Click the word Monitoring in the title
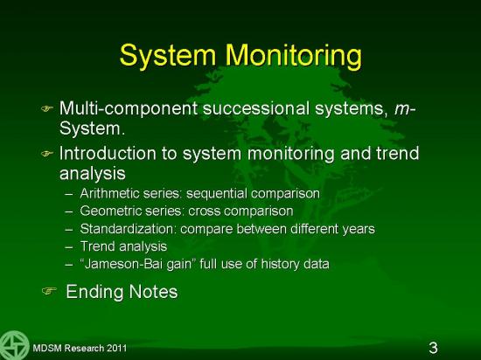(x=294, y=55)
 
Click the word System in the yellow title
(x=168, y=55)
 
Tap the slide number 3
(x=433, y=348)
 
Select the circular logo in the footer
(x=13, y=346)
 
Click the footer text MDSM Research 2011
(x=80, y=348)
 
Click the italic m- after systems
(x=405, y=109)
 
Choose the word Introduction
(x=108, y=153)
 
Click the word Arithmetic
(x=109, y=193)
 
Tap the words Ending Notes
(x=122, y=291)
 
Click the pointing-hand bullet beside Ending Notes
(x=49, y=290)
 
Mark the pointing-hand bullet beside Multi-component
(x=47, y=108)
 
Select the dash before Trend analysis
(x=69, y=247)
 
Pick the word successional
(x=256, y=108)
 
